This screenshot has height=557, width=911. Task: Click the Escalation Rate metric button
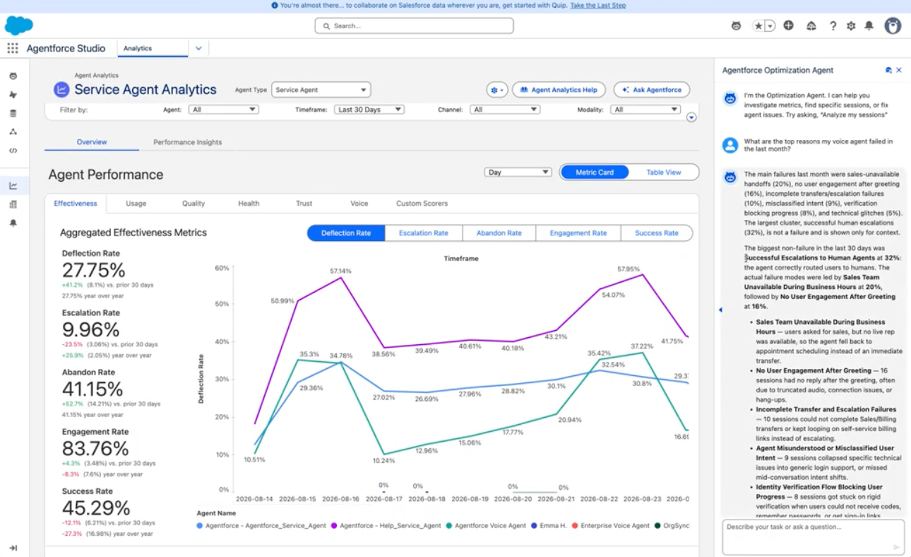tap(424, 233)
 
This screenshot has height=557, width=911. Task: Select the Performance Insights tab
tap(187, 142)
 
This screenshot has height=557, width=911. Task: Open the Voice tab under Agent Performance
tap(359, 203)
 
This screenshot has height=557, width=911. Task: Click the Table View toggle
tap(663, 172)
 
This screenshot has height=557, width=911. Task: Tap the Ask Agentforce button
tap(652, 90)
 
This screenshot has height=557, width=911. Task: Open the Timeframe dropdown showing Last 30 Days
tap(369, 110)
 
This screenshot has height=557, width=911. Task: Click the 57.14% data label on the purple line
tap(340, 271)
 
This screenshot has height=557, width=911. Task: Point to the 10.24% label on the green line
tap(383, 460)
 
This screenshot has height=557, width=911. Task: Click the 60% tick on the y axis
tap(222, 268)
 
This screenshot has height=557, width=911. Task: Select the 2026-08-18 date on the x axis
tap(427, 499)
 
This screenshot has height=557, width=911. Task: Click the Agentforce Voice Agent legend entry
tap(486, 526)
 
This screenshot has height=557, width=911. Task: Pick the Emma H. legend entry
tap(549, 526)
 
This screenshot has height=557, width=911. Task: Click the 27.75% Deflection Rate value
tap(93, 270)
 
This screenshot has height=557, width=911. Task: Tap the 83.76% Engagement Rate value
tap(95, 448)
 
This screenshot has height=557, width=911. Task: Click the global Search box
tap(414, 25)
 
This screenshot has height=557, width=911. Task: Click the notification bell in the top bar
tap(869, 25)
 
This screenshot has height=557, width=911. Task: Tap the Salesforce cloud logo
tap(18, 25)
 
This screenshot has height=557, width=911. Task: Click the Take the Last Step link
tap(598, 5)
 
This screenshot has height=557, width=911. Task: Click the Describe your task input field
tap(813, 537)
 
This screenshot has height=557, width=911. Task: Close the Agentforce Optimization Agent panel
tap(899, 70)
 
